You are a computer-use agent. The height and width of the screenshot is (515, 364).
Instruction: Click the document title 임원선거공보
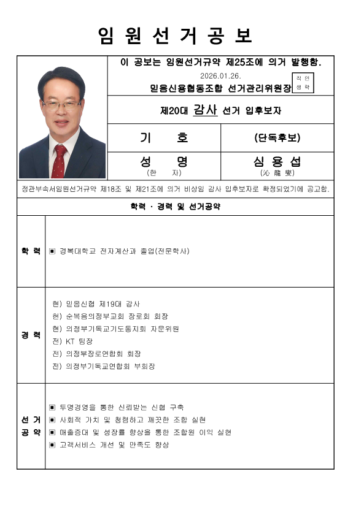[176, 36]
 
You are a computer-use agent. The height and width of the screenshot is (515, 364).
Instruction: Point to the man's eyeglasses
[61, 105]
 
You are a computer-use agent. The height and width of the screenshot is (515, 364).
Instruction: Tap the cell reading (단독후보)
[277, 137]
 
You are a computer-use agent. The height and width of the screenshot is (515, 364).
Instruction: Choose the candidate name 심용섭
[277, 162]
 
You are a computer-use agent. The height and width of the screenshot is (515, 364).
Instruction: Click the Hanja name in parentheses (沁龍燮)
[277, 173]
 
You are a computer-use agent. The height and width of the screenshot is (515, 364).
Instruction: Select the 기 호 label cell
[164, 137]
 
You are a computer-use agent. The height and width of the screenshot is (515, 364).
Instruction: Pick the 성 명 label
[164, 162]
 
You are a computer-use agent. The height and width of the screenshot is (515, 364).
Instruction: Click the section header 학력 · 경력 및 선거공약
[176, 207]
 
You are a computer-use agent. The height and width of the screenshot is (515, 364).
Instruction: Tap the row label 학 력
[31, 251]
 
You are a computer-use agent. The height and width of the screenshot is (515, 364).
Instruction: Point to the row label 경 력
[31, 335]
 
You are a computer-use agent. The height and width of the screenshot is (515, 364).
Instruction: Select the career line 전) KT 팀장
[72, 341]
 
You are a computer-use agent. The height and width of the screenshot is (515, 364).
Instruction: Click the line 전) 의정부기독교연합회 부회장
[104, 366]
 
